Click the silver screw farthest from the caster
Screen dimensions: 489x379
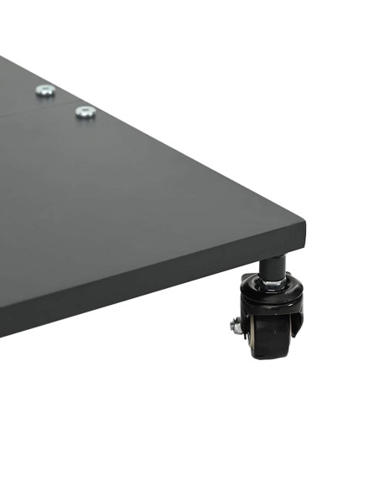[45, 90]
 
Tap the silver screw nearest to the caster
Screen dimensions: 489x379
[85, 111]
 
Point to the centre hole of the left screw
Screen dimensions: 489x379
[45, 89]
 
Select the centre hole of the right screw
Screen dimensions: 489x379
[85, 111]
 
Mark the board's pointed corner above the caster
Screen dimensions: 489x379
[304, 224]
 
